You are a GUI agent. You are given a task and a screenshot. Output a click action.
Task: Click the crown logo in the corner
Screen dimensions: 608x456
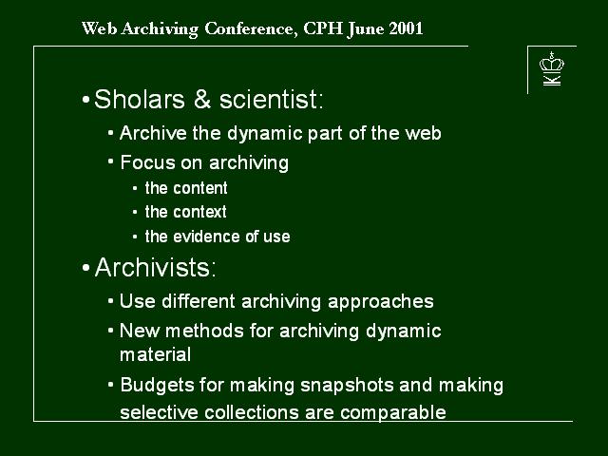[552, 68]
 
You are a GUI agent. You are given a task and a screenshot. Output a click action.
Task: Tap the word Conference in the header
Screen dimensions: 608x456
[251, 29]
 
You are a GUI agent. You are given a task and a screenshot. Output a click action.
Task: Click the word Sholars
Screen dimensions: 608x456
[140, 99]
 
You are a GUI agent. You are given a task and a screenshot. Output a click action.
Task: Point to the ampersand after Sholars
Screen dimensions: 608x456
[202, 99]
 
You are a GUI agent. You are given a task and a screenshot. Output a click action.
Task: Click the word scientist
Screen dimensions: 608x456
[271, 99]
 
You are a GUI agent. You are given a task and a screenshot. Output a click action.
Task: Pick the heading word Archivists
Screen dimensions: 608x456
[155, 267]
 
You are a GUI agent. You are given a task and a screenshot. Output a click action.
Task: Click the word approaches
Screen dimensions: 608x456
[381, 302]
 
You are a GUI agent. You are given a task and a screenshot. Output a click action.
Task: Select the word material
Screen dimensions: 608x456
[155, 354]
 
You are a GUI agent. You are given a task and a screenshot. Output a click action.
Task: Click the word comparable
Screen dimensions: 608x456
[393, 412]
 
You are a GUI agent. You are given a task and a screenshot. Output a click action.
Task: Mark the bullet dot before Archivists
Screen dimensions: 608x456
[86, 268]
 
